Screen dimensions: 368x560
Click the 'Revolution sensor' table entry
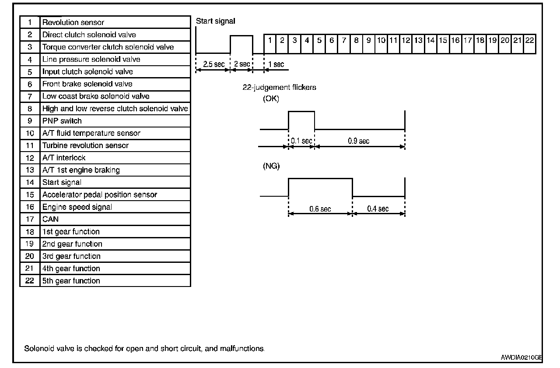(x=73, y=22)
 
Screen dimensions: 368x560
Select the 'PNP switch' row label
(x=62, y=121)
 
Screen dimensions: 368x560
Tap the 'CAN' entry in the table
(x=50, y=219)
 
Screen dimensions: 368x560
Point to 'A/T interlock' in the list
(x=64, y=158)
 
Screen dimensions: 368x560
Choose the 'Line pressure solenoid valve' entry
(x=91, y=59)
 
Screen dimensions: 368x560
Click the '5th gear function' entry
(x=71, y=281)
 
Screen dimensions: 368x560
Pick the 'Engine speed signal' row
(x=77, y=207)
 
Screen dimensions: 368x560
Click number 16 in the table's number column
(x=30, y=207)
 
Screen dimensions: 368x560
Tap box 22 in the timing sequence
(x=529, y=40)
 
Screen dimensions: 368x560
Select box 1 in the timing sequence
(x=270, y=40)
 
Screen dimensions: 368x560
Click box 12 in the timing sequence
(x=406, y=40)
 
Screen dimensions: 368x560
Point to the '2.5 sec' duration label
(x=213, y=64)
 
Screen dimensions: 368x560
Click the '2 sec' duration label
(x=241, y=64)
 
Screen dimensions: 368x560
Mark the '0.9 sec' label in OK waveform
(x=358, y=141)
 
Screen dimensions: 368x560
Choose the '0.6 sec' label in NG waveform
(x=320, y=209)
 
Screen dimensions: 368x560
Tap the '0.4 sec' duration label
(x=378, y=209)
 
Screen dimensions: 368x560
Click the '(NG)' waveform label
(x=271, y=166)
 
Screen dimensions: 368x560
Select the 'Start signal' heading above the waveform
(x=216, y=21)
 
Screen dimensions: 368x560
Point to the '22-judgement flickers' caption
(x=280, y=87)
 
